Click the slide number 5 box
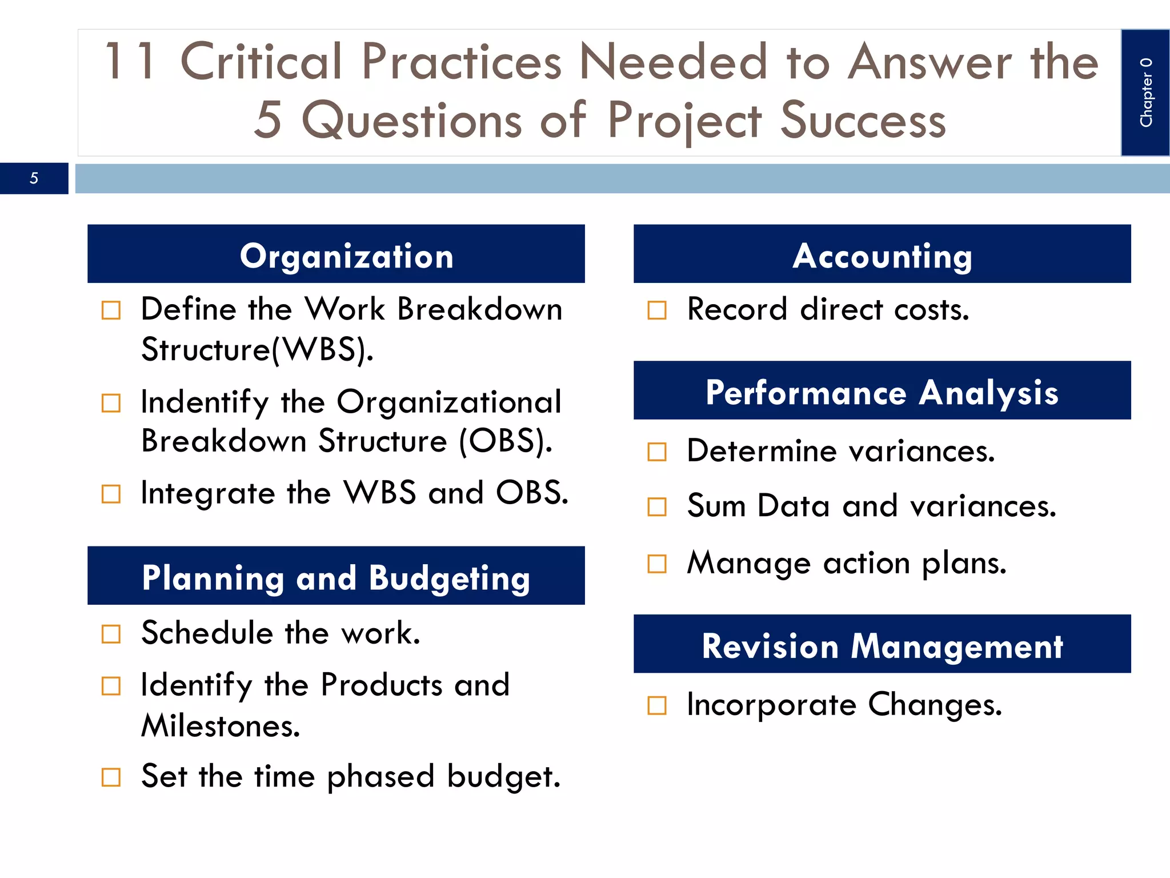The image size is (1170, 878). (34, 178)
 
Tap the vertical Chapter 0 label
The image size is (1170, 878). (1145, 93)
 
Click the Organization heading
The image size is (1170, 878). (346, 256)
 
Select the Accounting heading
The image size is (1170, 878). (881, 256)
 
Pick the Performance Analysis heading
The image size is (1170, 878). (881, 392)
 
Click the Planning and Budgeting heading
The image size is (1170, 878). (336, 577)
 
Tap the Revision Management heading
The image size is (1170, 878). (881, 646)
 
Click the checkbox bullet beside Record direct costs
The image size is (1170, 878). (657, 310)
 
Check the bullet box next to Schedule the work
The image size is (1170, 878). (111, 634)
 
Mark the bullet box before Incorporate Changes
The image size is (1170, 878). (657, 705)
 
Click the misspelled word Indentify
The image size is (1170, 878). (204, 402)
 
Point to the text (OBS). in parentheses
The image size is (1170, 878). (506, 441)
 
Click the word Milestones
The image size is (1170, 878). (221, 726)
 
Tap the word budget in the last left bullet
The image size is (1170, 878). (503, 776)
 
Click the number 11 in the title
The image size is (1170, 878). (130, 62)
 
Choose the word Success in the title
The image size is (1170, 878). (863, 120)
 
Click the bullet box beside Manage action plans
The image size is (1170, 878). (657, 564)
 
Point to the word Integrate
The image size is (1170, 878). (208, 493)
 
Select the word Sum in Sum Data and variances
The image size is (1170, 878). (716, 506)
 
